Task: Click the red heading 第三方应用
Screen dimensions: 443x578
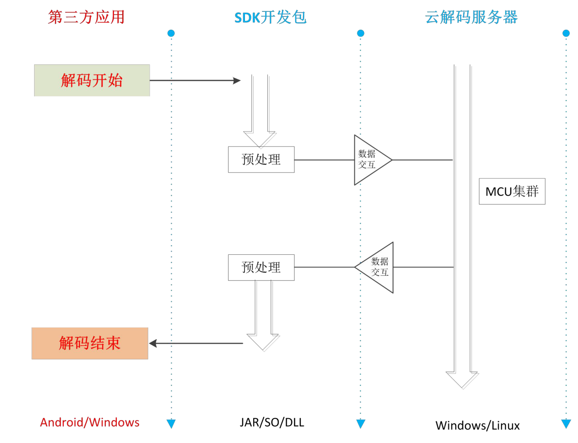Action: coord(86,17)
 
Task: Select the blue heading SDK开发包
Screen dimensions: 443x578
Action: coord(271,17)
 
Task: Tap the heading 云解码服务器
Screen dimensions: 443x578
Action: coord(471,17)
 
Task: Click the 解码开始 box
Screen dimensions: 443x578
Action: coord(92,80)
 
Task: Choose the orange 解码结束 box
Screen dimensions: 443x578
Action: coord(90,343)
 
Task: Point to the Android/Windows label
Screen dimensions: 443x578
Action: coord(90,422)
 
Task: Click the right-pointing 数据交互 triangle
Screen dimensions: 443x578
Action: coord(370,160)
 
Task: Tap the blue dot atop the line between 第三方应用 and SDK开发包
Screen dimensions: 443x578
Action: coord(171,33)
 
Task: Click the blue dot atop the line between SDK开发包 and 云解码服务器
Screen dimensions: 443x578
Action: coord(360,33)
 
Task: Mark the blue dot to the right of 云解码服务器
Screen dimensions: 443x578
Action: coord(566,33)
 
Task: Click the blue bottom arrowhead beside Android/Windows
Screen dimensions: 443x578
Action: coord(171,424)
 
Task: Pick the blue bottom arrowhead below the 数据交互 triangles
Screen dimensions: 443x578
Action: coord(360,424)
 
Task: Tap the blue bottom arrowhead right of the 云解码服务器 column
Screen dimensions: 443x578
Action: coord(566,424)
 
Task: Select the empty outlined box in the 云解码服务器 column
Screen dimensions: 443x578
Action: coord(512,191)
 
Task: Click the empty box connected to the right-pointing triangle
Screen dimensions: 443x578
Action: coord(261,159)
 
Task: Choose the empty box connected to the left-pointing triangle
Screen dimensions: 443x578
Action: coord(261,267)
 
